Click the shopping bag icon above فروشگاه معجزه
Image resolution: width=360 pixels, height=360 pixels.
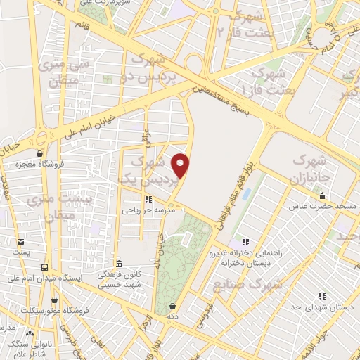coord(40,153)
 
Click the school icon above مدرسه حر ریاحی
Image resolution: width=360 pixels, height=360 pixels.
coord(148,199)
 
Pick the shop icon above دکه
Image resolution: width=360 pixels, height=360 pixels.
coord(173,305)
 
